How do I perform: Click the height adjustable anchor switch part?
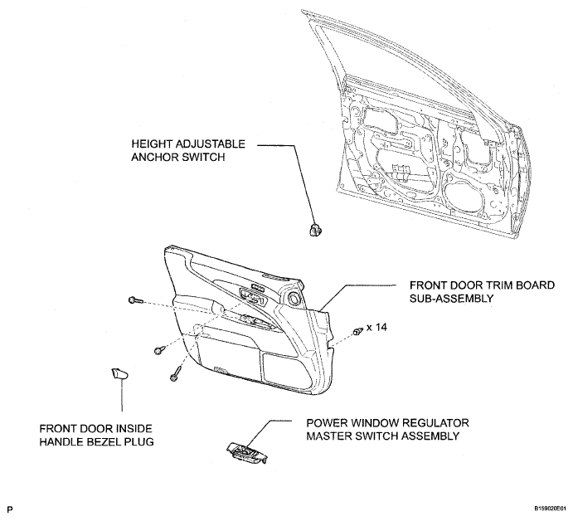[x=314, y=226]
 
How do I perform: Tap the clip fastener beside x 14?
[x=357, y=331]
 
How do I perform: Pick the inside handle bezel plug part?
[x=120, y=374]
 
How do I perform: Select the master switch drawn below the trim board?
[x=247, y=450]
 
